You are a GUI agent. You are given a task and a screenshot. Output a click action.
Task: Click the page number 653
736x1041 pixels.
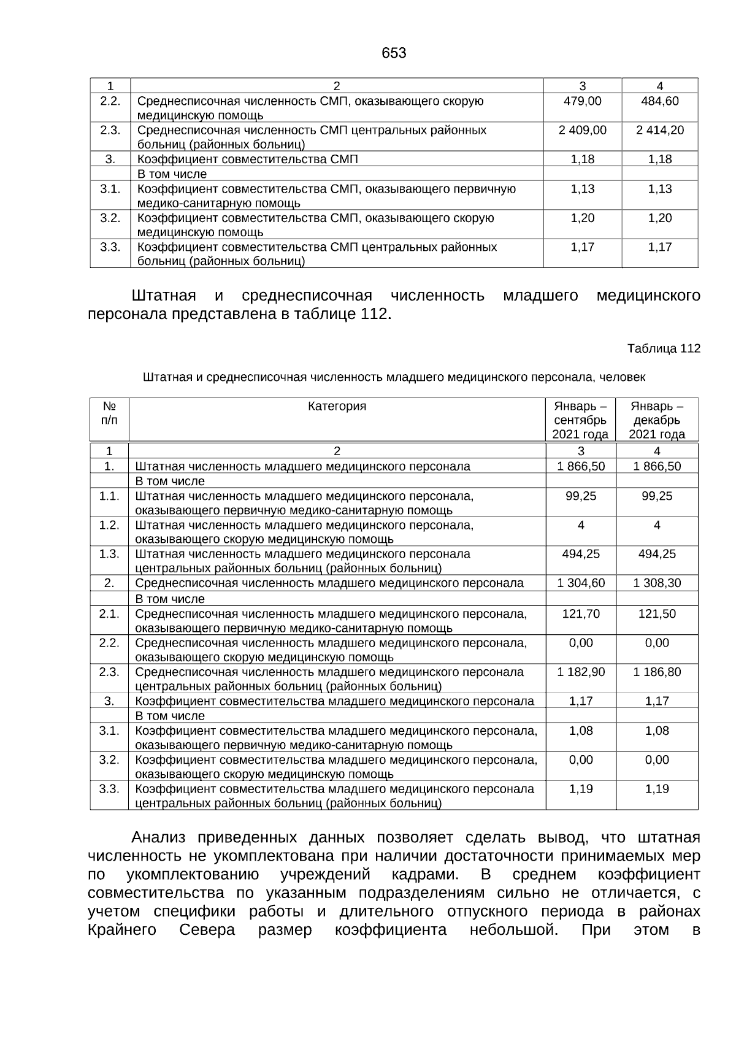click(x=393, y=53)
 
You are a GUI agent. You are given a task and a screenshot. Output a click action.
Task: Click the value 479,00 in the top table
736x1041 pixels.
click(x=582, y=101)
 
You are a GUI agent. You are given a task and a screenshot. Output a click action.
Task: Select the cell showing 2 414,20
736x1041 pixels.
click(x=659, y=130)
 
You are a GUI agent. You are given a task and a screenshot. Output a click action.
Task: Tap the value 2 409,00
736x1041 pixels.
click(x=582, y=130)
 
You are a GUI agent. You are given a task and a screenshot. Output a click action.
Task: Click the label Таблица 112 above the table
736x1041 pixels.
click(x=663, y=348)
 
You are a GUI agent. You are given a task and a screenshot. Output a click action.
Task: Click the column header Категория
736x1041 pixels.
click(x=337, y=406)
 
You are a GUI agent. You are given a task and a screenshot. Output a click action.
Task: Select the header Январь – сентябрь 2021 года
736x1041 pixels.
click(x=580, y=420)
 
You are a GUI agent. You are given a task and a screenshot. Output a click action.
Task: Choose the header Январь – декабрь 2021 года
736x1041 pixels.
click(x=656, y=420)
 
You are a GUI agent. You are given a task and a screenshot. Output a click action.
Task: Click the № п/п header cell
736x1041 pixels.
click(x=109, y=413)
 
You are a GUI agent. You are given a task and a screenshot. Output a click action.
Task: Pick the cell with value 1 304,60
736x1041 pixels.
click(x=580, y=583)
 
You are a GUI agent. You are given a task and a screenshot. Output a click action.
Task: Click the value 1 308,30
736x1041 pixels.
click(x=656, y=583)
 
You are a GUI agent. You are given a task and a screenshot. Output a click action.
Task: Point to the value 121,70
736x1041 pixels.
click(x=580, y=613)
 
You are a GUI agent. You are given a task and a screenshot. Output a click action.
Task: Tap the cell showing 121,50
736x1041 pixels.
click(x=656, y=613)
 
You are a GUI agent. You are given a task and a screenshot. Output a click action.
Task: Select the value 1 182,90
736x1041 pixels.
click(x=580, y=672)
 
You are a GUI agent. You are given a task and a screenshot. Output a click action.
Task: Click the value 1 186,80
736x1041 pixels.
click(x=656, y=672)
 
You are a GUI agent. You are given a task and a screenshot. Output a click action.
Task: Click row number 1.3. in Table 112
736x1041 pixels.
click(x=109, y=554)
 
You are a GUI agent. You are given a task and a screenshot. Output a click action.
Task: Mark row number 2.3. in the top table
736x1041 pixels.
click(x=110, y=130)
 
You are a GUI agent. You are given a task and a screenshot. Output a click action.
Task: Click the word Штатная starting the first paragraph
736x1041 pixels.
click(x=163, y=296)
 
